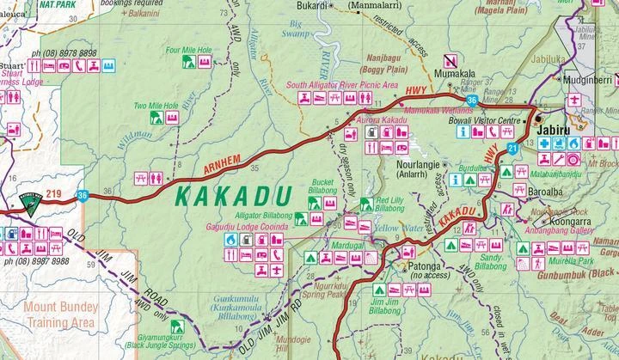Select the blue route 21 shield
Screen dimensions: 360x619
point(512,150)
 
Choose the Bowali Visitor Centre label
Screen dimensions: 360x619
point(486,121)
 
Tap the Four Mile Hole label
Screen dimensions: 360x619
point(190,51)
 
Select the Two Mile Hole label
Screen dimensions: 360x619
point(156,106)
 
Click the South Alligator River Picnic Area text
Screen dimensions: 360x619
point(341,86)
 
